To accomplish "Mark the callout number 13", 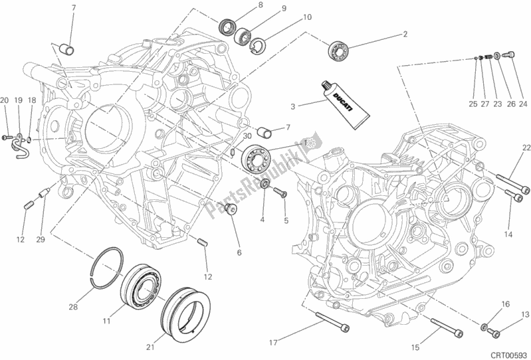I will [x=524, y=315].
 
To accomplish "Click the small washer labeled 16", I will [x=486, y=327].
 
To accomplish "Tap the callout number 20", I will [x=5, y=100].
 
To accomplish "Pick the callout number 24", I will [x=523, y=104].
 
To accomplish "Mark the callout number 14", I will [x=508, y=234].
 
